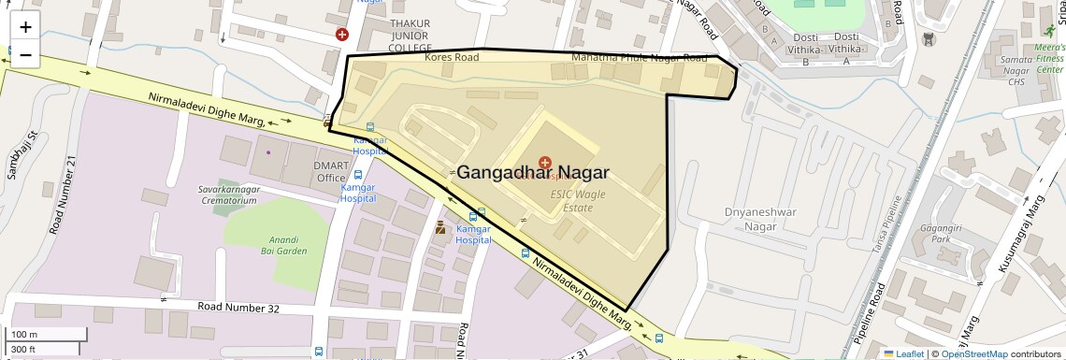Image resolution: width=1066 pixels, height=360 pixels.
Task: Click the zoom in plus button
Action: (x=25, y=27)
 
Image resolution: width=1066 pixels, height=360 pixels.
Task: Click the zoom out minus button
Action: (x=25, y=54)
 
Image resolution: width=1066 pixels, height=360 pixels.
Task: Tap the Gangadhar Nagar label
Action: (x=533, y=172)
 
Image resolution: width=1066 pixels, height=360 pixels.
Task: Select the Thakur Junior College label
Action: (x=411, y=36)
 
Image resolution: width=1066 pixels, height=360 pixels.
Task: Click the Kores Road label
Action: (x=452, y=57)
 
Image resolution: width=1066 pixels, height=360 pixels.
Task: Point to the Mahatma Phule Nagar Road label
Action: (x=640, y=58)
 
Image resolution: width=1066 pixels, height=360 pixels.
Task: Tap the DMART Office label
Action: (x=330, y=171)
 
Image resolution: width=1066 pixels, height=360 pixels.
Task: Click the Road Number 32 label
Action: (x=238, y=307)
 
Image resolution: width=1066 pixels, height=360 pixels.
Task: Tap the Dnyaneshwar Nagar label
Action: (x=760, y=219)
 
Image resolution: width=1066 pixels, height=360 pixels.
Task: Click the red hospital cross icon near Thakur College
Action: (x=343, y=35)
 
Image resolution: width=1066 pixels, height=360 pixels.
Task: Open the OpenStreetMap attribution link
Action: (x=973, y=353)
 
